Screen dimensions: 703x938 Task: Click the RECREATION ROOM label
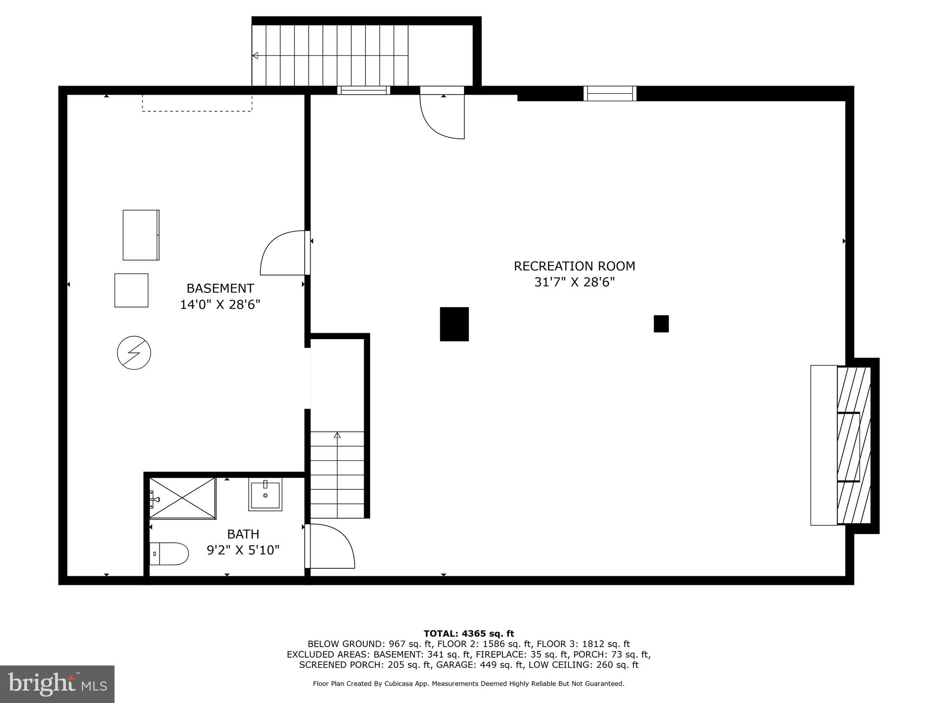574,266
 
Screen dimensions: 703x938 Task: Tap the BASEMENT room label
220,288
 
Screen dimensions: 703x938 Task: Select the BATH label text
243,534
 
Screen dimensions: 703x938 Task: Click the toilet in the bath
169,554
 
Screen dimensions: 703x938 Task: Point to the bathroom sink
265,494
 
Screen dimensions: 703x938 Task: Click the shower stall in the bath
183,498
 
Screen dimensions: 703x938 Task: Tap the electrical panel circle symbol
134,353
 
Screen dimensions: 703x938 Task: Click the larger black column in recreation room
454,324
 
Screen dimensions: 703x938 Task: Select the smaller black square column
661,324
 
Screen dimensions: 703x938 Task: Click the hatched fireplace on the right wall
853,445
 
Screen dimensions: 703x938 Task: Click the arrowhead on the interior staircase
338,435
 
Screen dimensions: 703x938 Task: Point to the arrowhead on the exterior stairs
255,55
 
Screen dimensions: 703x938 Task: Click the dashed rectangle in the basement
196,103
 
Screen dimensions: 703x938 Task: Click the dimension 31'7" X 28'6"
574,282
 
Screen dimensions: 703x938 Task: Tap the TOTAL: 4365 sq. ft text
469,633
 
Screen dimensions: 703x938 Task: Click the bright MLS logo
57,684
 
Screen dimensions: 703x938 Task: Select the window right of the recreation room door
610,93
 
